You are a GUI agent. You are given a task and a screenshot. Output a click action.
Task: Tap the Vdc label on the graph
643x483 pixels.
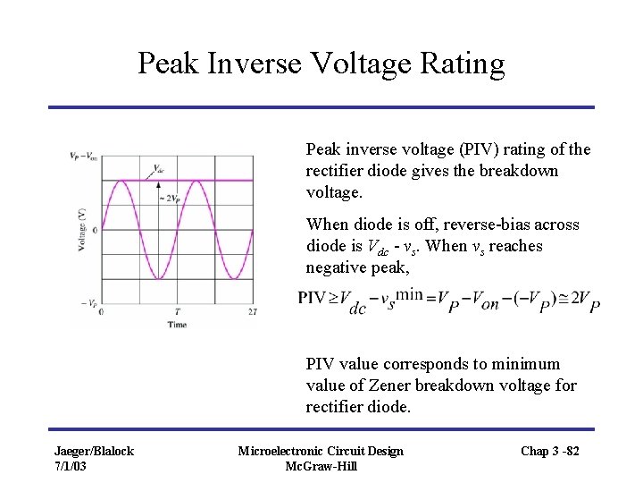tap(159, 168)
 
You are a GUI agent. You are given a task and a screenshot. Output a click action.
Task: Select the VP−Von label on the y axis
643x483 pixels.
tap(83, 156)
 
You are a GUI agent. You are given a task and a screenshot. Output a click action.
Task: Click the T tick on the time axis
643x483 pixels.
tap(177, 312)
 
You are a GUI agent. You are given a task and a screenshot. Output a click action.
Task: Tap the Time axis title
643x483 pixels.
tap(177, 324)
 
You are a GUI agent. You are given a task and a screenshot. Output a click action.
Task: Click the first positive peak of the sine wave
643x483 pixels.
tap(121, 182)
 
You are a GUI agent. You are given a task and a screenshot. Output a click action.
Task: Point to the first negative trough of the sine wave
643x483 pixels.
tap(158, 278)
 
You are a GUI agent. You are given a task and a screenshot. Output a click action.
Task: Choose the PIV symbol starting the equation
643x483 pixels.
tap(312, 298)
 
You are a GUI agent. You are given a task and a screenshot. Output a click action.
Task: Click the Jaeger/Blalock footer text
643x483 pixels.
tap(94, 451)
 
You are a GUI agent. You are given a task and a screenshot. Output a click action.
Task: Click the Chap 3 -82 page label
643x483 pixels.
tap(550, 451)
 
